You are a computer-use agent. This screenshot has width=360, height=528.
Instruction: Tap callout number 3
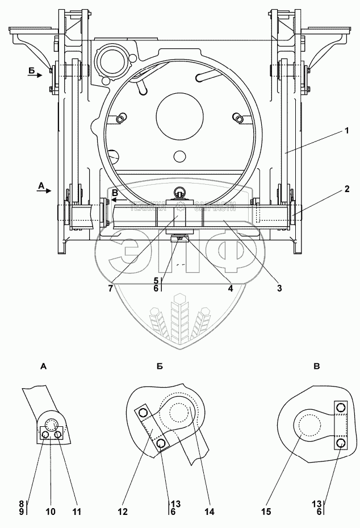(x=279, y=288)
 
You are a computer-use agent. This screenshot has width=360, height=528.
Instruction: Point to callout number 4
(x=230, y=288)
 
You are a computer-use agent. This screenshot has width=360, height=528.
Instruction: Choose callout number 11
(x=77, y=512)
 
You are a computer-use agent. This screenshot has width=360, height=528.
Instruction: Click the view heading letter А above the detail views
(x=44, y=368)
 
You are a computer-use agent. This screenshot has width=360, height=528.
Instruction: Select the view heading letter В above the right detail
(x=317, y=368)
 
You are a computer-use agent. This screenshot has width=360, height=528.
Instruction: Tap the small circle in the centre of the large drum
(x=180, y=156)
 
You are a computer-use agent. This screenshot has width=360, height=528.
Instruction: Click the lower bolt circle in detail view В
(x=340, y=442)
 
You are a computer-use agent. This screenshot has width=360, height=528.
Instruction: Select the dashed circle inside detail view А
(x=52, y=426)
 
